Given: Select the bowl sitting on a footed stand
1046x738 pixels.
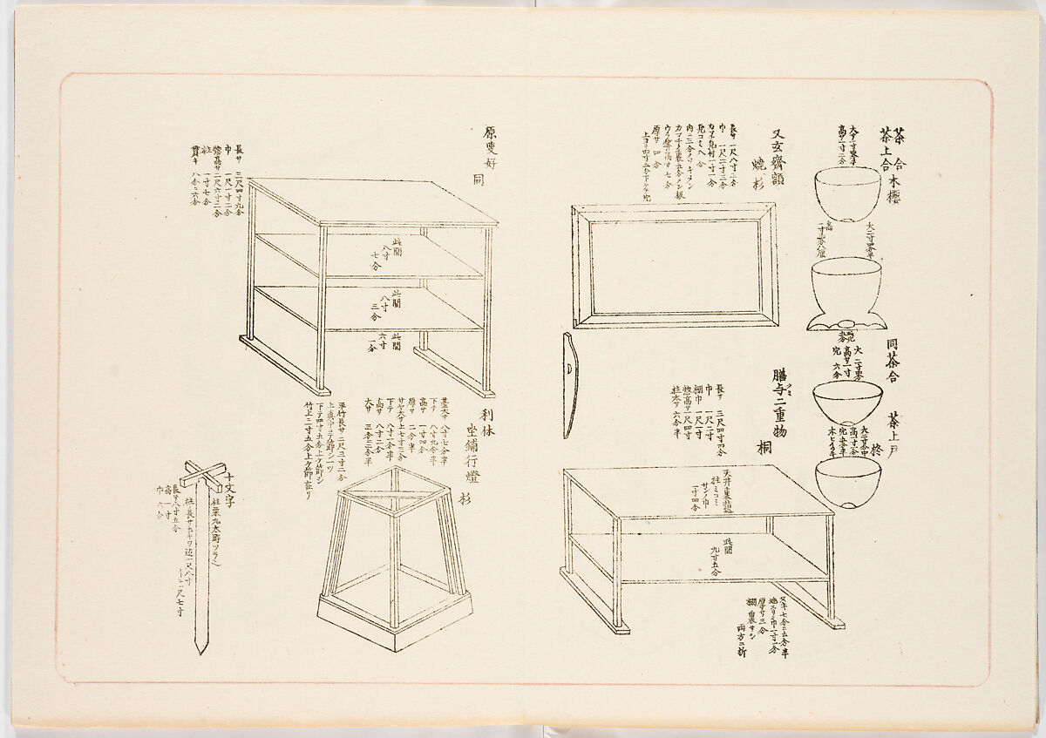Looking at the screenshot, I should (x=846, y=281).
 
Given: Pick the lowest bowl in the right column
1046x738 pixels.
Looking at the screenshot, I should (x=846, y=482).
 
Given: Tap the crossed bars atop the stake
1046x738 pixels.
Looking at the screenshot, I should (x=202, y=476).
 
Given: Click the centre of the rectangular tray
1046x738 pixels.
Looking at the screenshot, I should (x=674, y=266).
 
